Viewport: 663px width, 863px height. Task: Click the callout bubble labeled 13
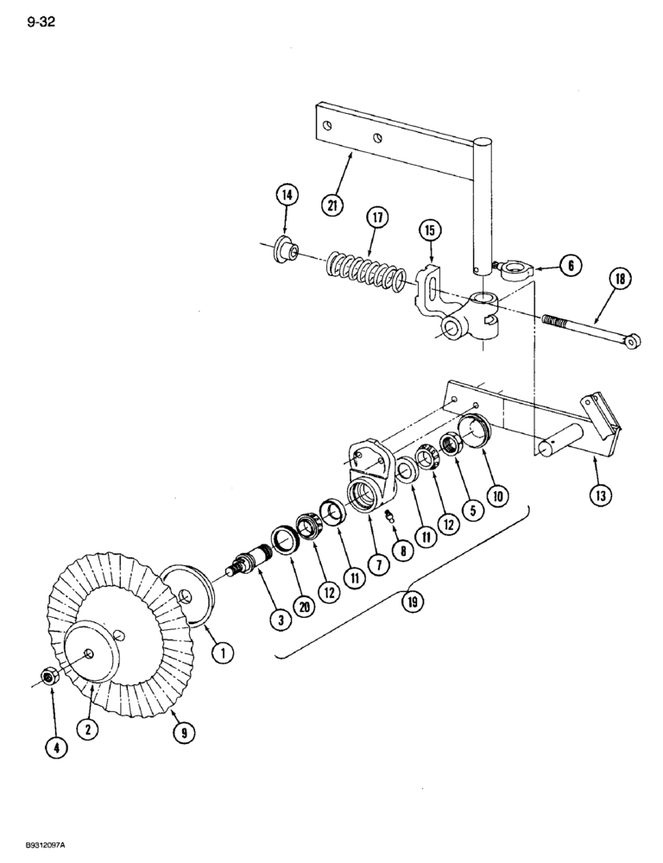pyautogui.click(x=600, y=494)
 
